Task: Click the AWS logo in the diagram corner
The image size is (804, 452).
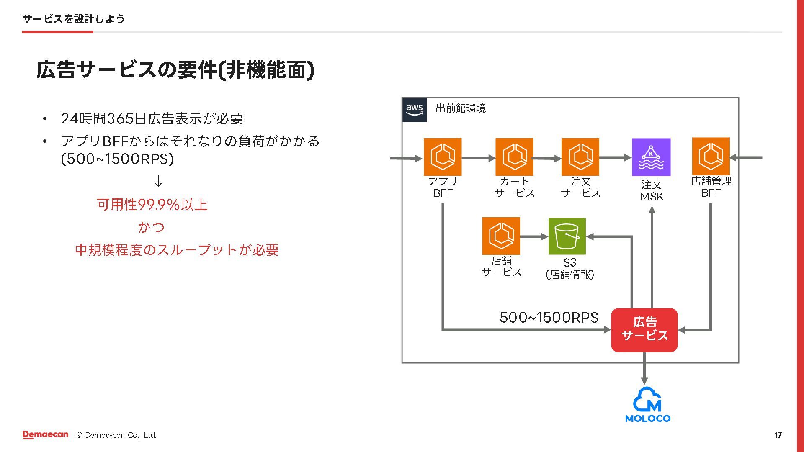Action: pos(414,110)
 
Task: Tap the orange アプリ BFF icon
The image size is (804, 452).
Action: pos(443,157)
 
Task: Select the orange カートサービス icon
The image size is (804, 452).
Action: pos(514,157)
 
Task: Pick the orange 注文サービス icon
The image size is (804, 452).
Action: pos(580,157)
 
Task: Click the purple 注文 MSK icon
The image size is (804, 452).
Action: pos(651,157)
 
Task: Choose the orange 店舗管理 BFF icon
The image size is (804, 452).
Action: pos(711,157)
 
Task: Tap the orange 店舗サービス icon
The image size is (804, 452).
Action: pos(501,236)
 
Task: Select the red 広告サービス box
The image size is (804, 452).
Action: pos(644,330)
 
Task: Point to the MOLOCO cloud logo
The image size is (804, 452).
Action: pos(647,404)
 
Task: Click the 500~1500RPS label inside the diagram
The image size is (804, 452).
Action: pos(549,317)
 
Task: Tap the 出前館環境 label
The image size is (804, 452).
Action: pos(461,108)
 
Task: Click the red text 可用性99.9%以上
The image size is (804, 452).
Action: pos(152,205)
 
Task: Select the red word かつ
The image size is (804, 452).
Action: pos(152,227)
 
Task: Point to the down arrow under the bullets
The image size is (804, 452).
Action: pos(158,181)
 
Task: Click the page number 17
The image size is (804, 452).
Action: pos(778,435)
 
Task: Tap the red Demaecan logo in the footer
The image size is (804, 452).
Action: pos(45,435)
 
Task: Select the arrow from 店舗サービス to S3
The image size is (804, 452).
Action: pos(534,236)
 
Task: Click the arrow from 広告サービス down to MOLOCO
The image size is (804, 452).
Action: pos(644,368)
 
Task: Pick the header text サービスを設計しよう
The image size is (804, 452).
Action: pos(73,19)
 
